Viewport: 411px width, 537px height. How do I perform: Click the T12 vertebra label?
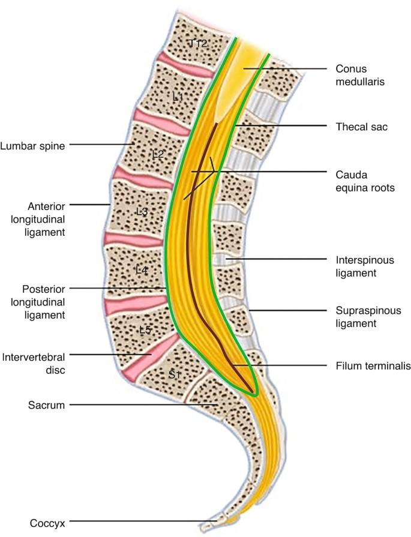pyautogui.click(x=198, y=43)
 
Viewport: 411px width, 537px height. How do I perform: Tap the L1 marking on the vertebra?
pyautogui.click(x=178, y=96)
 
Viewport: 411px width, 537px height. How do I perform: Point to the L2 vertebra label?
pyautogui.click(x=158, y=154)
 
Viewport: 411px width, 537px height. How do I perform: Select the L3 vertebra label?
pyautogui.click(x=142, y=211)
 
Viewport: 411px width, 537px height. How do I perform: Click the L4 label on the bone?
pyautogui.click(x=141, y=270)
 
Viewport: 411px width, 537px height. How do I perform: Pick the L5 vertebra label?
pyautogui.click(x=145, y=329)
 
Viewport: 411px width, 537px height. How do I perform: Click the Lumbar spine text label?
pyautogui.click(x=32, y=145)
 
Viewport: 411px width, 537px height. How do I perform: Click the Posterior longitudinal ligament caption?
pyautogui.click(x=43, y=301)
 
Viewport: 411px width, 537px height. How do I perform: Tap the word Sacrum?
pyautogui.click(x=44, y=406)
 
